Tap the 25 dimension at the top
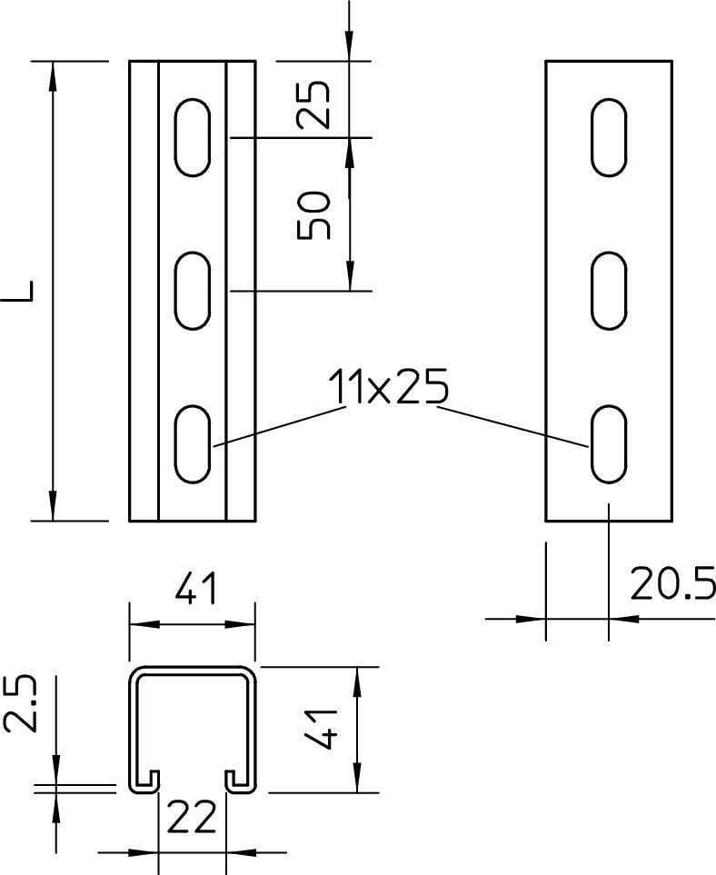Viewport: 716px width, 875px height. tap(313, 105)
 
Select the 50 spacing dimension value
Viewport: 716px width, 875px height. tap(313, 214)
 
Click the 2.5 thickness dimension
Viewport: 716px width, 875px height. tap(20, 703)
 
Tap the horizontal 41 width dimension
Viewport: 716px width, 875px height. tap(194, 591)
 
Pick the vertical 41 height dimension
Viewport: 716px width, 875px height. tap(324, 729)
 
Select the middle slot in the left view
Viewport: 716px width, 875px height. tap(192, 291)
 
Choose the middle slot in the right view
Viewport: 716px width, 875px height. tap(609, 291)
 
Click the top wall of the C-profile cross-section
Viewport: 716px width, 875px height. tap(192, 671)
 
